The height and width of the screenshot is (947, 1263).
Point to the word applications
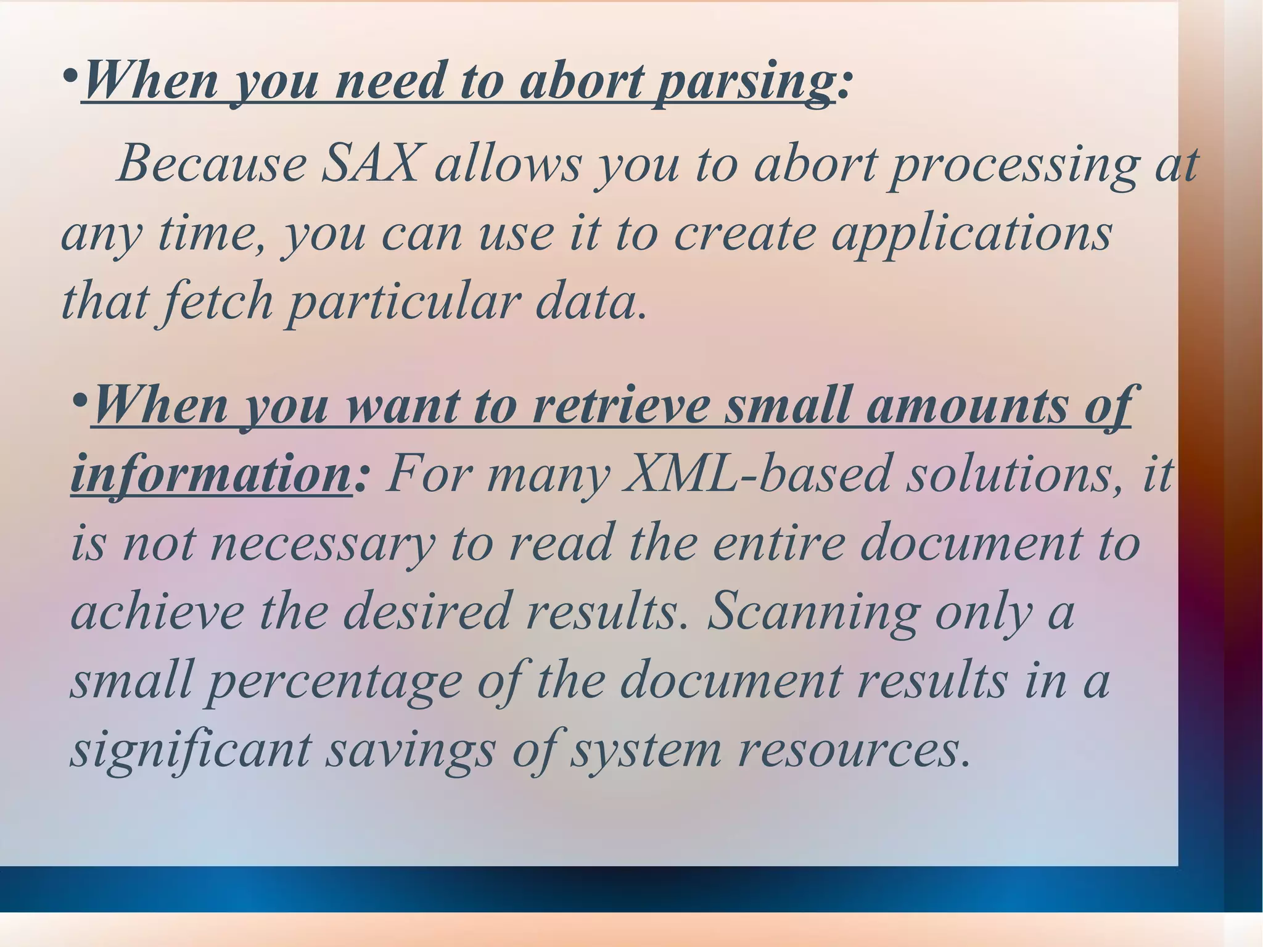point(971,234)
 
